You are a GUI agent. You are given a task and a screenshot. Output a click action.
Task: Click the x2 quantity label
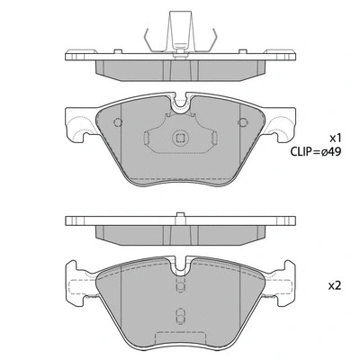334,285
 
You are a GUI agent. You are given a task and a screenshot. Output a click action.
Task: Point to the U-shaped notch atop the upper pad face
179,106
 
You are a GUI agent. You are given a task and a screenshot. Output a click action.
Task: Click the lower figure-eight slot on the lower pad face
179,317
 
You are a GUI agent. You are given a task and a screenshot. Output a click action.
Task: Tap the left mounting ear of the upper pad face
79,125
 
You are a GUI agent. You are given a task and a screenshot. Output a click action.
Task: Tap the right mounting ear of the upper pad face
280,125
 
